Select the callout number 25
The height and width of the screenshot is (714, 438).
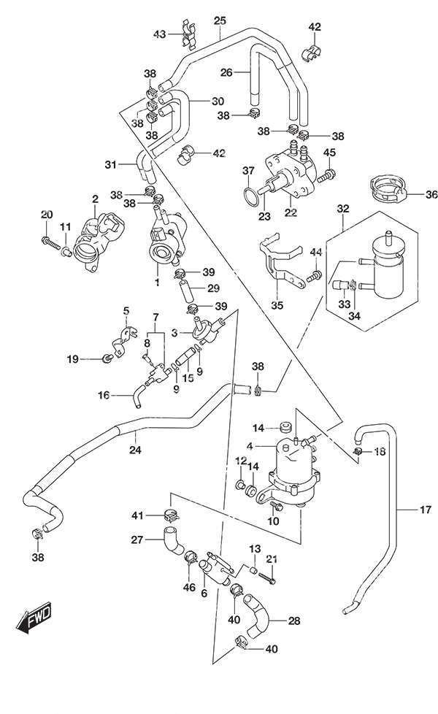tap(220, 20)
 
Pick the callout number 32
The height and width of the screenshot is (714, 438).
tap(343, 209)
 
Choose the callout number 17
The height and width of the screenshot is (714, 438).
tap(425, 510)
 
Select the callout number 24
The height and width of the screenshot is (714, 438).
tap(135, 450)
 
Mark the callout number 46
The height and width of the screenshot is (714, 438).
tap(189, 588)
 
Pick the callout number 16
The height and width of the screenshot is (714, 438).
tap(104, 395)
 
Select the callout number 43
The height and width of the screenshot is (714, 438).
tap(159, 34)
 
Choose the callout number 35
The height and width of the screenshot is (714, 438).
tap(277, 304)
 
